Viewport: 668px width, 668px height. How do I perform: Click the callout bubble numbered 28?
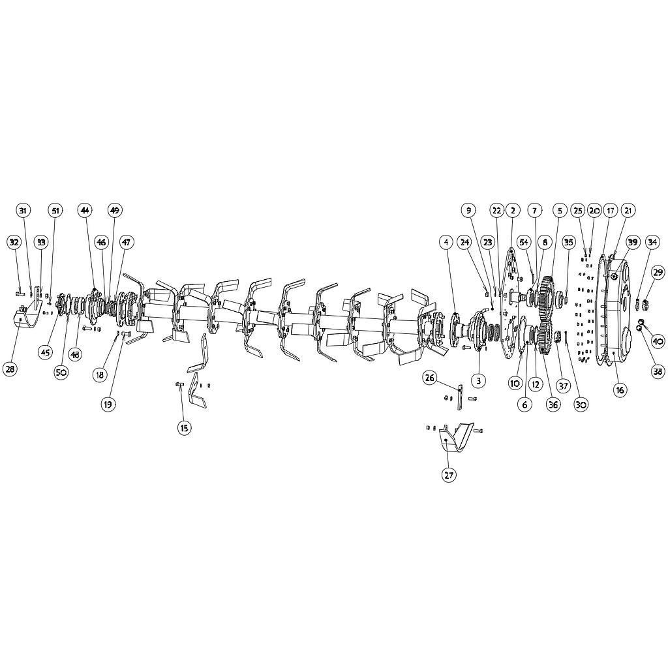tap(10, 369)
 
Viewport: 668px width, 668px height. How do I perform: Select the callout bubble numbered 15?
tap(184, 428)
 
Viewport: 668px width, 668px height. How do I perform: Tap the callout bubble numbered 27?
tap(449, 475)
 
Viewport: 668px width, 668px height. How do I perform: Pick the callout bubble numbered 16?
tap(619, 390)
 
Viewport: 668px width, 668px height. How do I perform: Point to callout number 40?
tap(657, 341)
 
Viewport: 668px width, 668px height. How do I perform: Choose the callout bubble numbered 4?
tap(446, 242)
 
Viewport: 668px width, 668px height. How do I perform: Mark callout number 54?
tap(524, 242)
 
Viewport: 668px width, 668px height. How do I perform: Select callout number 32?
tap(14, 242)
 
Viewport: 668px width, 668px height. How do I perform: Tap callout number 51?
tap(55, 211)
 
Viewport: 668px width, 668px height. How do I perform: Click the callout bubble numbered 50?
tap(61, 372)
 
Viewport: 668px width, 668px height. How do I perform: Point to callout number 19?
tap(108, 404)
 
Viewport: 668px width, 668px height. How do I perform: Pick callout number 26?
tap(429, 377)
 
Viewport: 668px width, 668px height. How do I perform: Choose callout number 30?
tap(581, 404)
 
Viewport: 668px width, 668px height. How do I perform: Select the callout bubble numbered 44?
tap(85, 211)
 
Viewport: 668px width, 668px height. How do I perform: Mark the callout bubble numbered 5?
tap(559, 211)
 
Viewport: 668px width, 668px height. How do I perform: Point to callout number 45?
tap(45, 352)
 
